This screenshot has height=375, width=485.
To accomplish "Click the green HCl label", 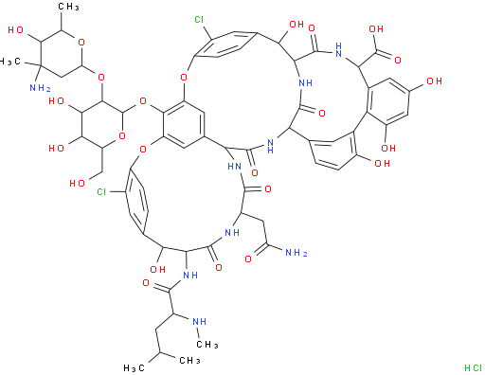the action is [473, 367].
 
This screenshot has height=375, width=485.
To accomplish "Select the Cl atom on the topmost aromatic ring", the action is [199, 20].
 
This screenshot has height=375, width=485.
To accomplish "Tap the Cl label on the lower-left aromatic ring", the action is [101, 191].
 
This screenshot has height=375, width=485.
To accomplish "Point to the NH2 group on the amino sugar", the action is [40, 88].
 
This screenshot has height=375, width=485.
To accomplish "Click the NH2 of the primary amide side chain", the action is [296, 253].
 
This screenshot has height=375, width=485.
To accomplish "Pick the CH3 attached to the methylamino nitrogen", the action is [207, 344].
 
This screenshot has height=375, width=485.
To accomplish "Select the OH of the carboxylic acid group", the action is [376, 29].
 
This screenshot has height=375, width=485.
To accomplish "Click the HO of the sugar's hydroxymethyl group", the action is [77, 184].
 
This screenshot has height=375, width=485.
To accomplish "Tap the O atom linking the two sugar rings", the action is [101, 77].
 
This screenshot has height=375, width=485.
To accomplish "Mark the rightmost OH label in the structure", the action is [434, 81].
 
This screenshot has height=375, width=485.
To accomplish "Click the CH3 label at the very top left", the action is [68, 7].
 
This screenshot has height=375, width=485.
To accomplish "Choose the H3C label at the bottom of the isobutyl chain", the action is [135, 367].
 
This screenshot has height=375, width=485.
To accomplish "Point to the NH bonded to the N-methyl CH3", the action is [199, 321].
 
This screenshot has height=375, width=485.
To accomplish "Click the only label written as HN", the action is [234, 166].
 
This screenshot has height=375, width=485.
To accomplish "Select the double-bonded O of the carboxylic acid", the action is [398, 60].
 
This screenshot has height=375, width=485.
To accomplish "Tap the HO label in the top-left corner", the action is [16, 30].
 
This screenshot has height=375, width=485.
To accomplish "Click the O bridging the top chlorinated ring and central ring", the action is [184, 77].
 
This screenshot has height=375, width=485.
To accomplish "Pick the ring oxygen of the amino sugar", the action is [81, 42].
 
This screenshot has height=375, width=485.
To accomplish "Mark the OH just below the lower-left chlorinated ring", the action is [157, 269].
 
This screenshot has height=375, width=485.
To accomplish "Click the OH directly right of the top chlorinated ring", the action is [296, 25].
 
